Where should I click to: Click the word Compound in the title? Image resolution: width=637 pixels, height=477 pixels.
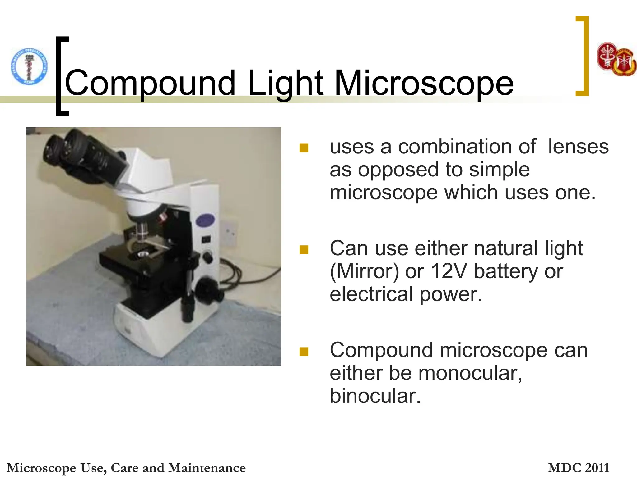150,83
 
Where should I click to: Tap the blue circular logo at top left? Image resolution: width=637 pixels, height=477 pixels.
29,66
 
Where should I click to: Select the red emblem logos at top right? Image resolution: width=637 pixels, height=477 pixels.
616,59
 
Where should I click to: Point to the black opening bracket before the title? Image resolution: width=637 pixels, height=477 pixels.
61,76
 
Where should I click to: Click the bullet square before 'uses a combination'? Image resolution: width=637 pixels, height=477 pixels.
304,148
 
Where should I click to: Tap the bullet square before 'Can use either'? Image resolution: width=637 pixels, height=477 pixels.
304,249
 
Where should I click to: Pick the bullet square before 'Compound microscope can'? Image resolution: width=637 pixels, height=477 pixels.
304,351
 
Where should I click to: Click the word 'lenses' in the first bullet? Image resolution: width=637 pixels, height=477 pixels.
578,147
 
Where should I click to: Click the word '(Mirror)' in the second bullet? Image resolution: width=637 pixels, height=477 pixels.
364,271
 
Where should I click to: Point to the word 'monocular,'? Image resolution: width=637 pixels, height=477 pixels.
470,373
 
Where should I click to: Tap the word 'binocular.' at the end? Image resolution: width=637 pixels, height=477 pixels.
375,396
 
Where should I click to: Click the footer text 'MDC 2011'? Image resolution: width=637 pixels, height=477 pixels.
578,468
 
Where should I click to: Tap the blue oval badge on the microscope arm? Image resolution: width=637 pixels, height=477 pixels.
205,221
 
